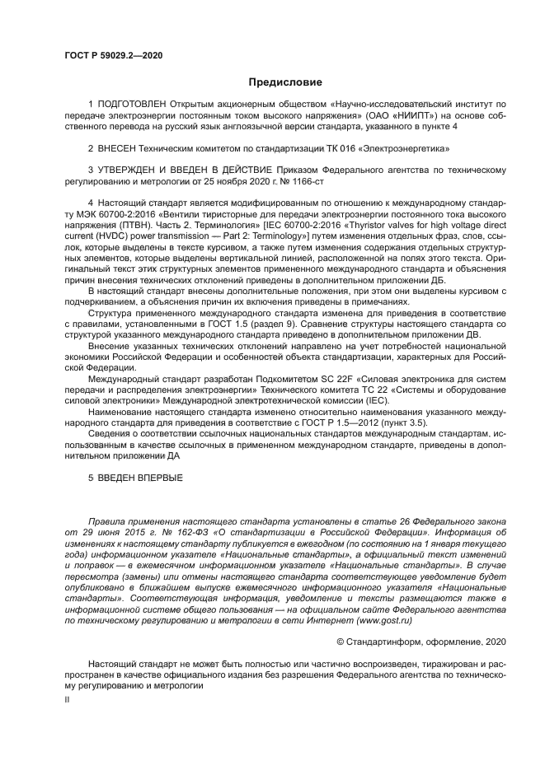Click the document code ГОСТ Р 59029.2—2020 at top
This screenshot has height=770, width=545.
click(113, 54)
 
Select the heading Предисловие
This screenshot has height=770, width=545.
click(285, 82)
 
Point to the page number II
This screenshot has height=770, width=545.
click(67, 698)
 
